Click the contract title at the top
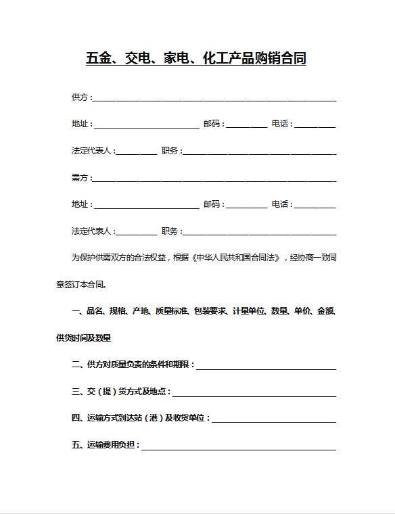196,59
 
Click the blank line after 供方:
214,99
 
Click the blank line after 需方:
214,179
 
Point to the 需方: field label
81,178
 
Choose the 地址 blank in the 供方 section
146,126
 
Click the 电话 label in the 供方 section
281,124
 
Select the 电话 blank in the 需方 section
316,206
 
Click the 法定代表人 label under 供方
93,151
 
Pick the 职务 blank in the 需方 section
260,233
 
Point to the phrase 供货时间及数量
84,337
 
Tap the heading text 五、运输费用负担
105,446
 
